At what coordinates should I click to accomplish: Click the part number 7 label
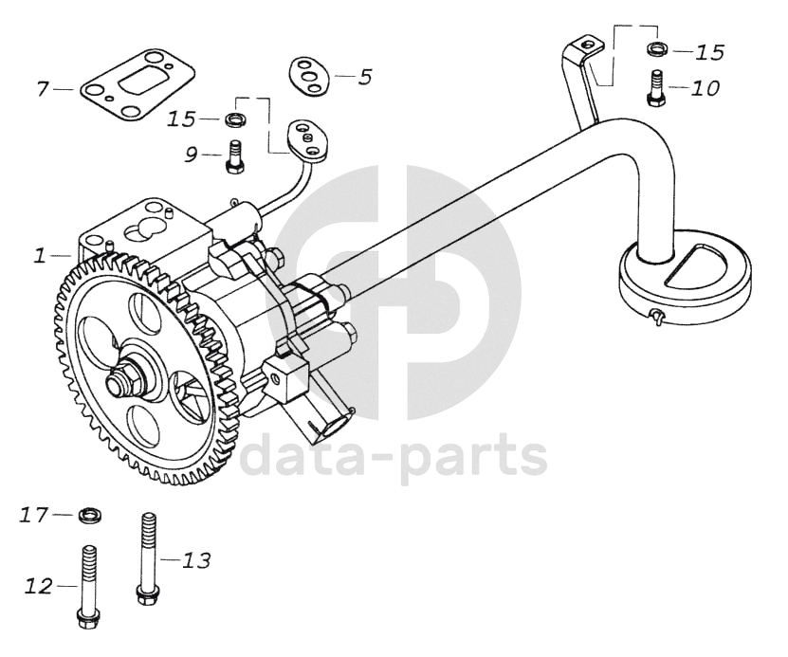coord(42,89)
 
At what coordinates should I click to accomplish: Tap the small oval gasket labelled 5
coord(305,75)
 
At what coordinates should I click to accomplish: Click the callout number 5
coord(365,77)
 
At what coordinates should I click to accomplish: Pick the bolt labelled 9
coord(234,157)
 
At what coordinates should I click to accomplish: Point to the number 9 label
coord(192,154)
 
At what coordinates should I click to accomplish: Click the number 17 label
coord(34,515)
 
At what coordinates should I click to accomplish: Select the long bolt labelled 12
coord(87,586)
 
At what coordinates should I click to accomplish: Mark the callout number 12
coord(39,587)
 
